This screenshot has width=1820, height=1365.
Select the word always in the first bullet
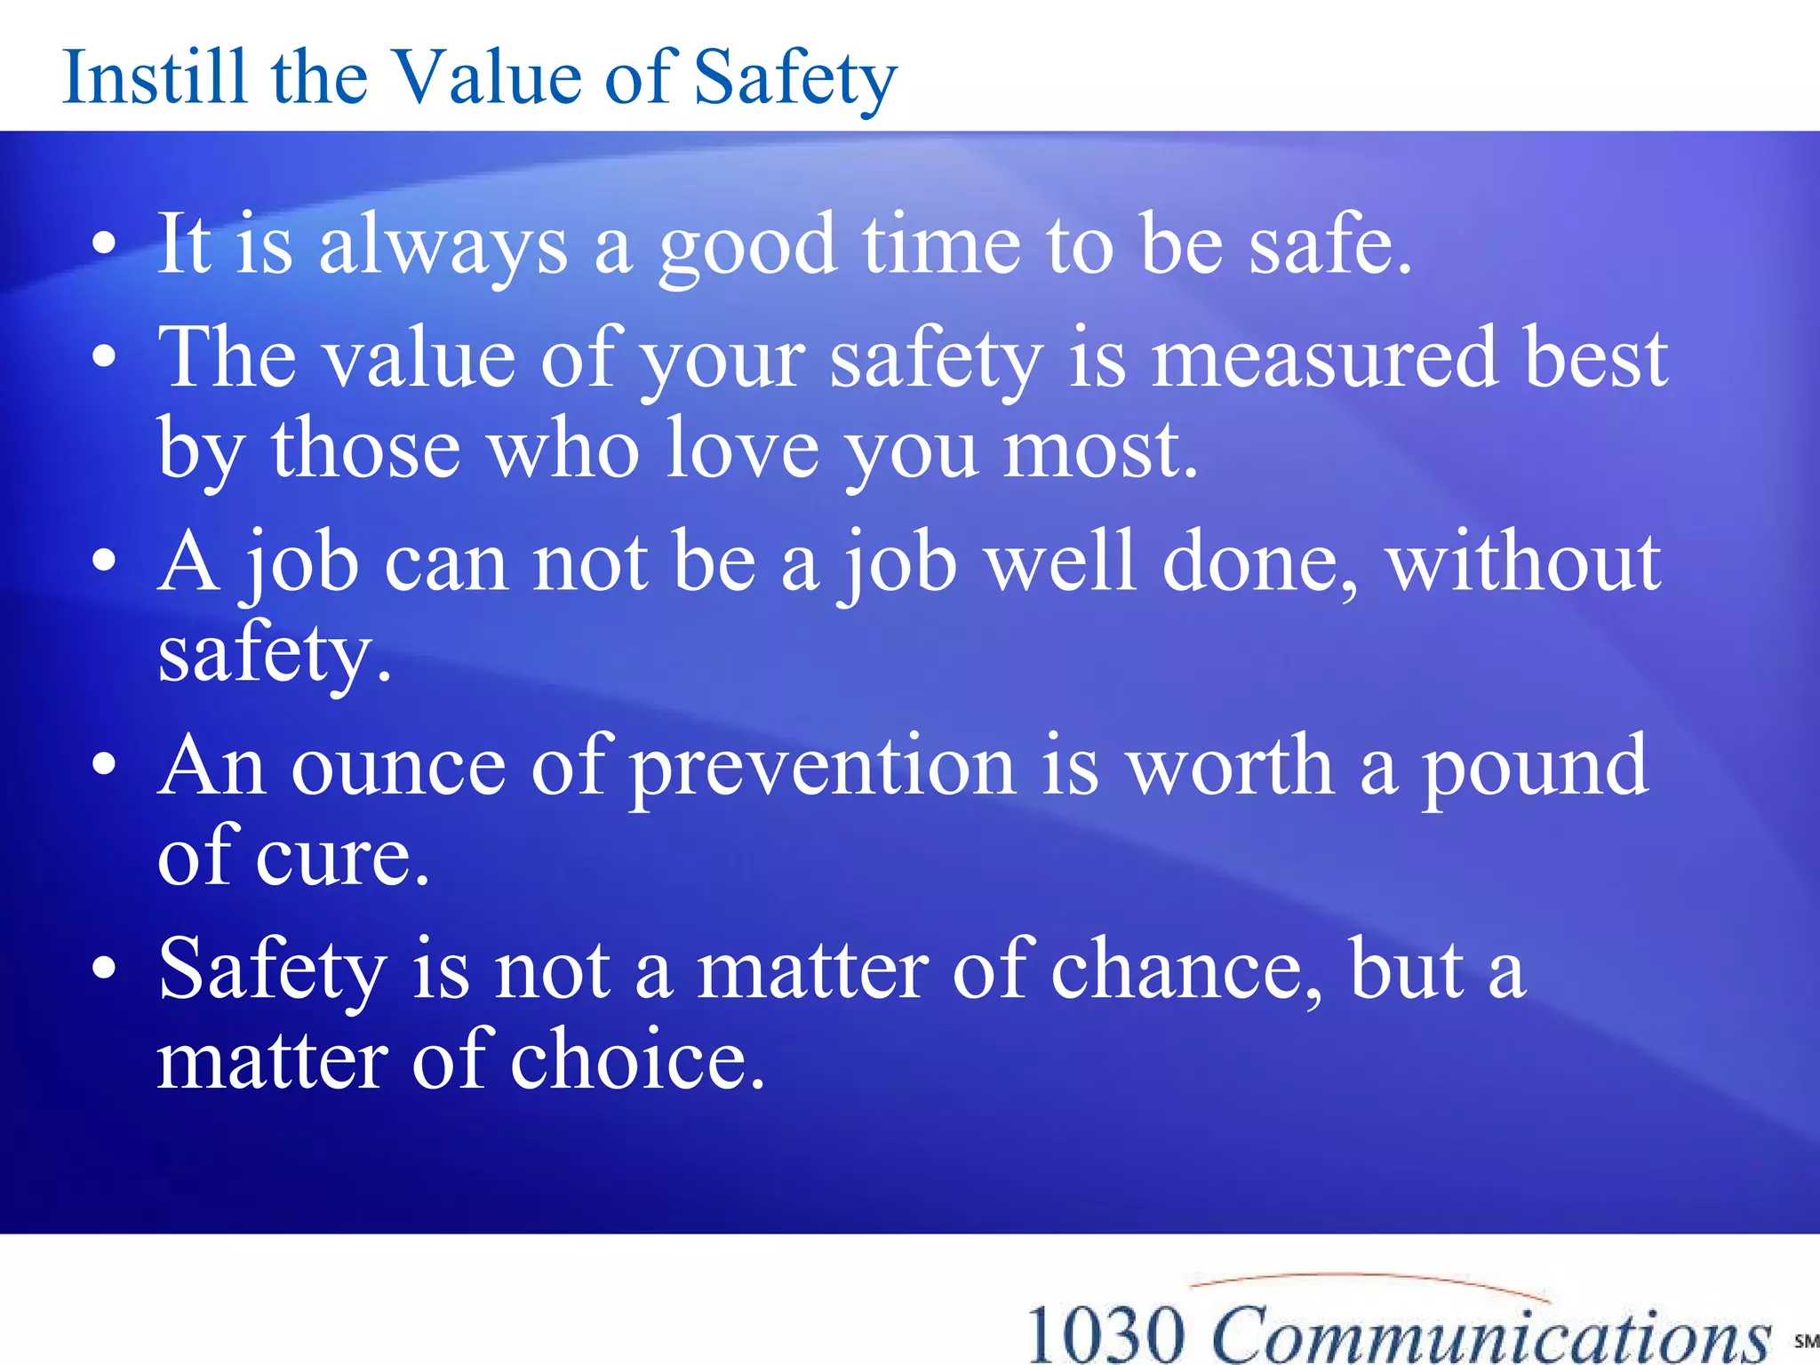pos(443,246)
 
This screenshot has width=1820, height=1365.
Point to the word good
pos(747,246)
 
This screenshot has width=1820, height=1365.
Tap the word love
pos(742,450)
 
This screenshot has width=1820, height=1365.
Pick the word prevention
pos(823,768)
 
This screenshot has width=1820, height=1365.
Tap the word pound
pos(1535,768)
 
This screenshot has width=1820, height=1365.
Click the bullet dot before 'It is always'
pos(105,244)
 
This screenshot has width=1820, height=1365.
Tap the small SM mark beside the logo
pos(1805,1341)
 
